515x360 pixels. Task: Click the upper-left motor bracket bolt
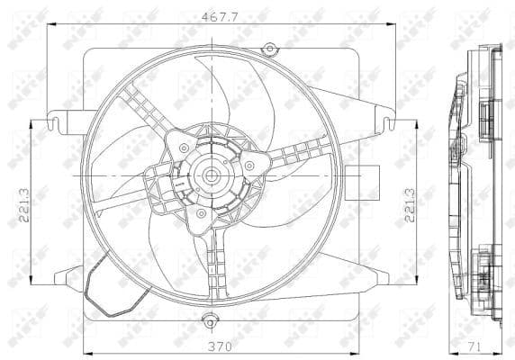click(x=184, y=148)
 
